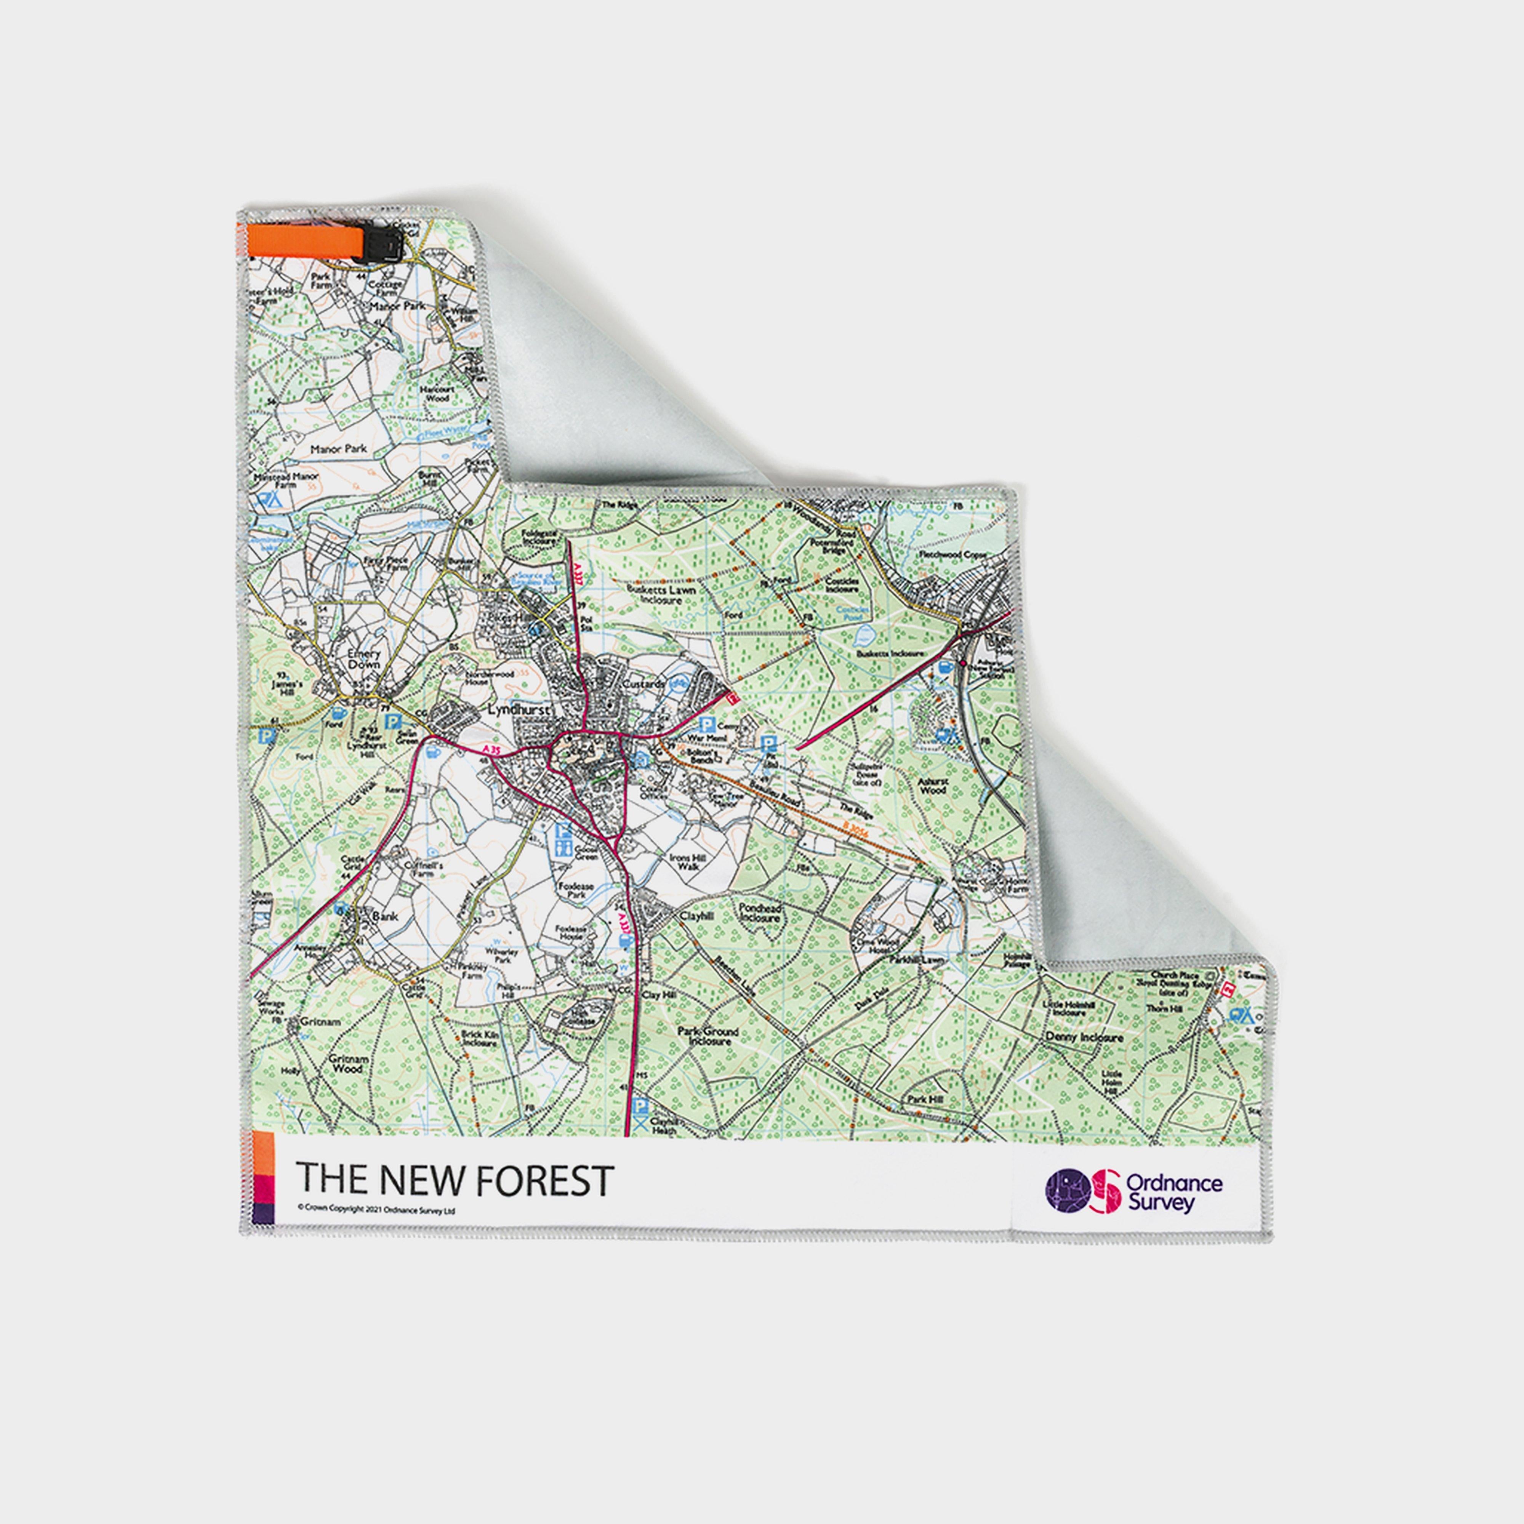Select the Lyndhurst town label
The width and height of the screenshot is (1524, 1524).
(517, 709)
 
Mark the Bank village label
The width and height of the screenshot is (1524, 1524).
(385, 917)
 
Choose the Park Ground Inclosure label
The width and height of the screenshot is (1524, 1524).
(708, 1036)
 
